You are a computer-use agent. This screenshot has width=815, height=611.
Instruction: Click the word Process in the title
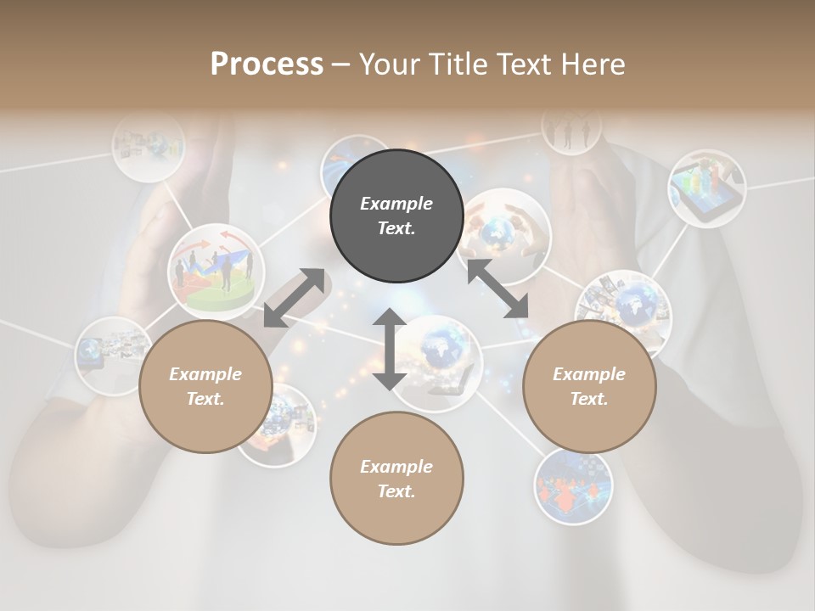(267, 64)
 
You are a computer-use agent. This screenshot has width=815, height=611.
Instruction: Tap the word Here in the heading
(593, 64)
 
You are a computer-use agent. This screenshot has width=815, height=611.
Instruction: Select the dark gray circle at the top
(396, 216)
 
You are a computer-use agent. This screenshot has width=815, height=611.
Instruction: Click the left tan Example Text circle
(205, 386)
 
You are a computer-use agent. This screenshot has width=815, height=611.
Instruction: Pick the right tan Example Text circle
(589, 386)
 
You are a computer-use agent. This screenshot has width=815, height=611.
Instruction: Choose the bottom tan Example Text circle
(396, 479)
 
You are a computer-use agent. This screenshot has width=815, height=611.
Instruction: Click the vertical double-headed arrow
(390, 349)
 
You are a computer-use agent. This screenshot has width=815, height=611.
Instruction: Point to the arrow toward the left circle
(294, 297)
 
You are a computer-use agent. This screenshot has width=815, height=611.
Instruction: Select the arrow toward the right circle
(497, 289)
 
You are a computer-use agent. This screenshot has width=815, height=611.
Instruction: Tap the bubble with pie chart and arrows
(215, 266)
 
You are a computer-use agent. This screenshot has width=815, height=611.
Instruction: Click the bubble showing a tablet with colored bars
(706, 188)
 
